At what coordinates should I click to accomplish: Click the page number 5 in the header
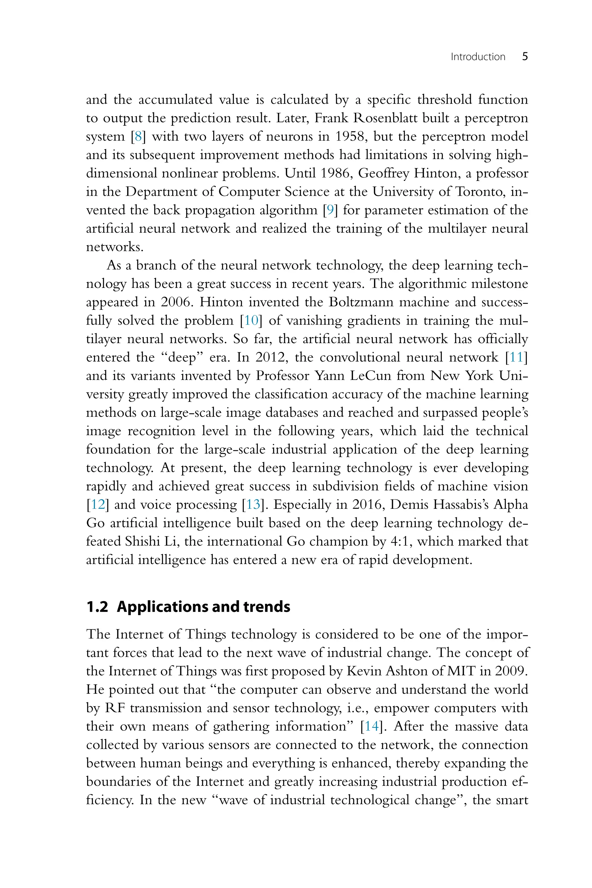pyautogui.click(x=525, y=57)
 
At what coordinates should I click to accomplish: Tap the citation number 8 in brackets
pyautogui.click(x=138, y=136)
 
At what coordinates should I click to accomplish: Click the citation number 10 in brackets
pyautogui.click(x=251, y=321)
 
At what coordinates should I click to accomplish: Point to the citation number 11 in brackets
pyautogui.click(x=516, y=357)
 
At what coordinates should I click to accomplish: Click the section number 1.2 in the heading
pyautogui.click(x=97, y=607)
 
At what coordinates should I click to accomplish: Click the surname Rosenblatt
pyautogui.click(x=385, y=118)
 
